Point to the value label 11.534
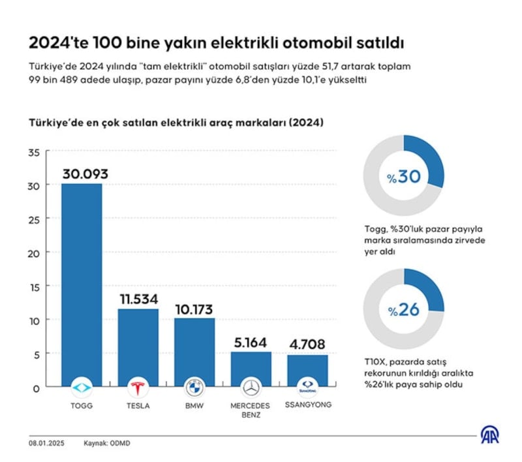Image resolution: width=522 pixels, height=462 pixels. (138, 300)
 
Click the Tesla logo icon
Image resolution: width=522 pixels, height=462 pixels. (138, 387)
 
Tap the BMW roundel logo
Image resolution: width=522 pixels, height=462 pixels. (194, 387)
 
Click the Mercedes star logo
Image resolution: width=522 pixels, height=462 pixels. (251, 387)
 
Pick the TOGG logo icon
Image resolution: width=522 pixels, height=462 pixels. (82, 387)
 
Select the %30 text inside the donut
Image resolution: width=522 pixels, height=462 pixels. (403, 177)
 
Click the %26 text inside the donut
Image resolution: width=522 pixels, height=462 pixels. (403, 309)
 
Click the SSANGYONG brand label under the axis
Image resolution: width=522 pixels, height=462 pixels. (308, 405)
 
